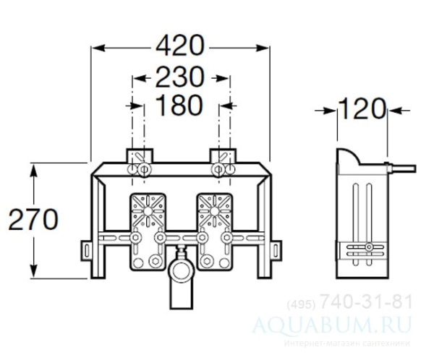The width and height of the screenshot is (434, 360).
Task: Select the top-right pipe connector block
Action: tap(221, 158)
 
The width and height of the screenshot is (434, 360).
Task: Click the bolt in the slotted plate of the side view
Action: tap(369, 248)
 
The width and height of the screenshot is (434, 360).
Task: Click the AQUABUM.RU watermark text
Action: tap(352, 320)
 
